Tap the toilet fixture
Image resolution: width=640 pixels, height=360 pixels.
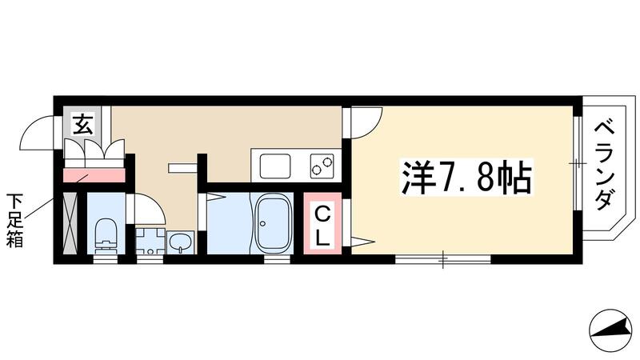pyautogui.click(x=104, y=234)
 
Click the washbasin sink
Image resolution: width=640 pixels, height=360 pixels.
pyautogui.click(x=181, y=241)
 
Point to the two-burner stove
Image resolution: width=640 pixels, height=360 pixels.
pyautogui.click(x=323, y=166)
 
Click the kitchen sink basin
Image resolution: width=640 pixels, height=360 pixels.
pyautogui.click(x=273, y=167)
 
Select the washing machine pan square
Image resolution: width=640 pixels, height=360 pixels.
pyautogui.click(x=149, y=241)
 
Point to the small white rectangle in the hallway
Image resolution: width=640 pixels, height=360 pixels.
pyautogui.click(x=182, y=167)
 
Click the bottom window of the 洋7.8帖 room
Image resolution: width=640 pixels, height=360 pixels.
pyautogui.click(x=442, y=258)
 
